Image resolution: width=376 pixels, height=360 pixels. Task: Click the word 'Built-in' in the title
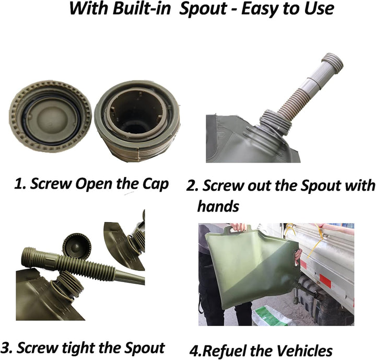point(142,8)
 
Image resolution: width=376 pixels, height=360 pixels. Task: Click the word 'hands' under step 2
point(218,206)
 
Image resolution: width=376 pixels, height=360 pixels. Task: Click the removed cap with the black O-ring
point(50,117)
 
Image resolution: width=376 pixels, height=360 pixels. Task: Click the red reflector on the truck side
point(325,280)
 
